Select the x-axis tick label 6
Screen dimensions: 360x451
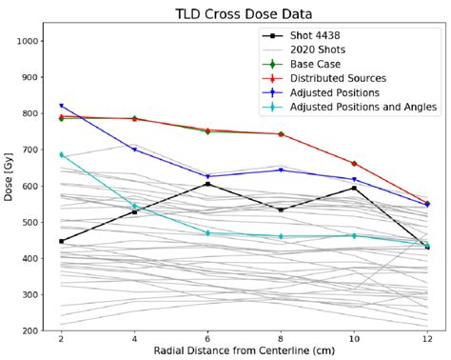click(207, 338)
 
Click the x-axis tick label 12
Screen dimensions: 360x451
click(427, 338)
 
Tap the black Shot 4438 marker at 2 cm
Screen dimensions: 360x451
click(61, 241)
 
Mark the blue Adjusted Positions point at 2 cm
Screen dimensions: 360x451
click(61, 106)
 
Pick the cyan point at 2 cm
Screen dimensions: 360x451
click(61, 154)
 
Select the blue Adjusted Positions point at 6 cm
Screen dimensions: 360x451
click(207, 176)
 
